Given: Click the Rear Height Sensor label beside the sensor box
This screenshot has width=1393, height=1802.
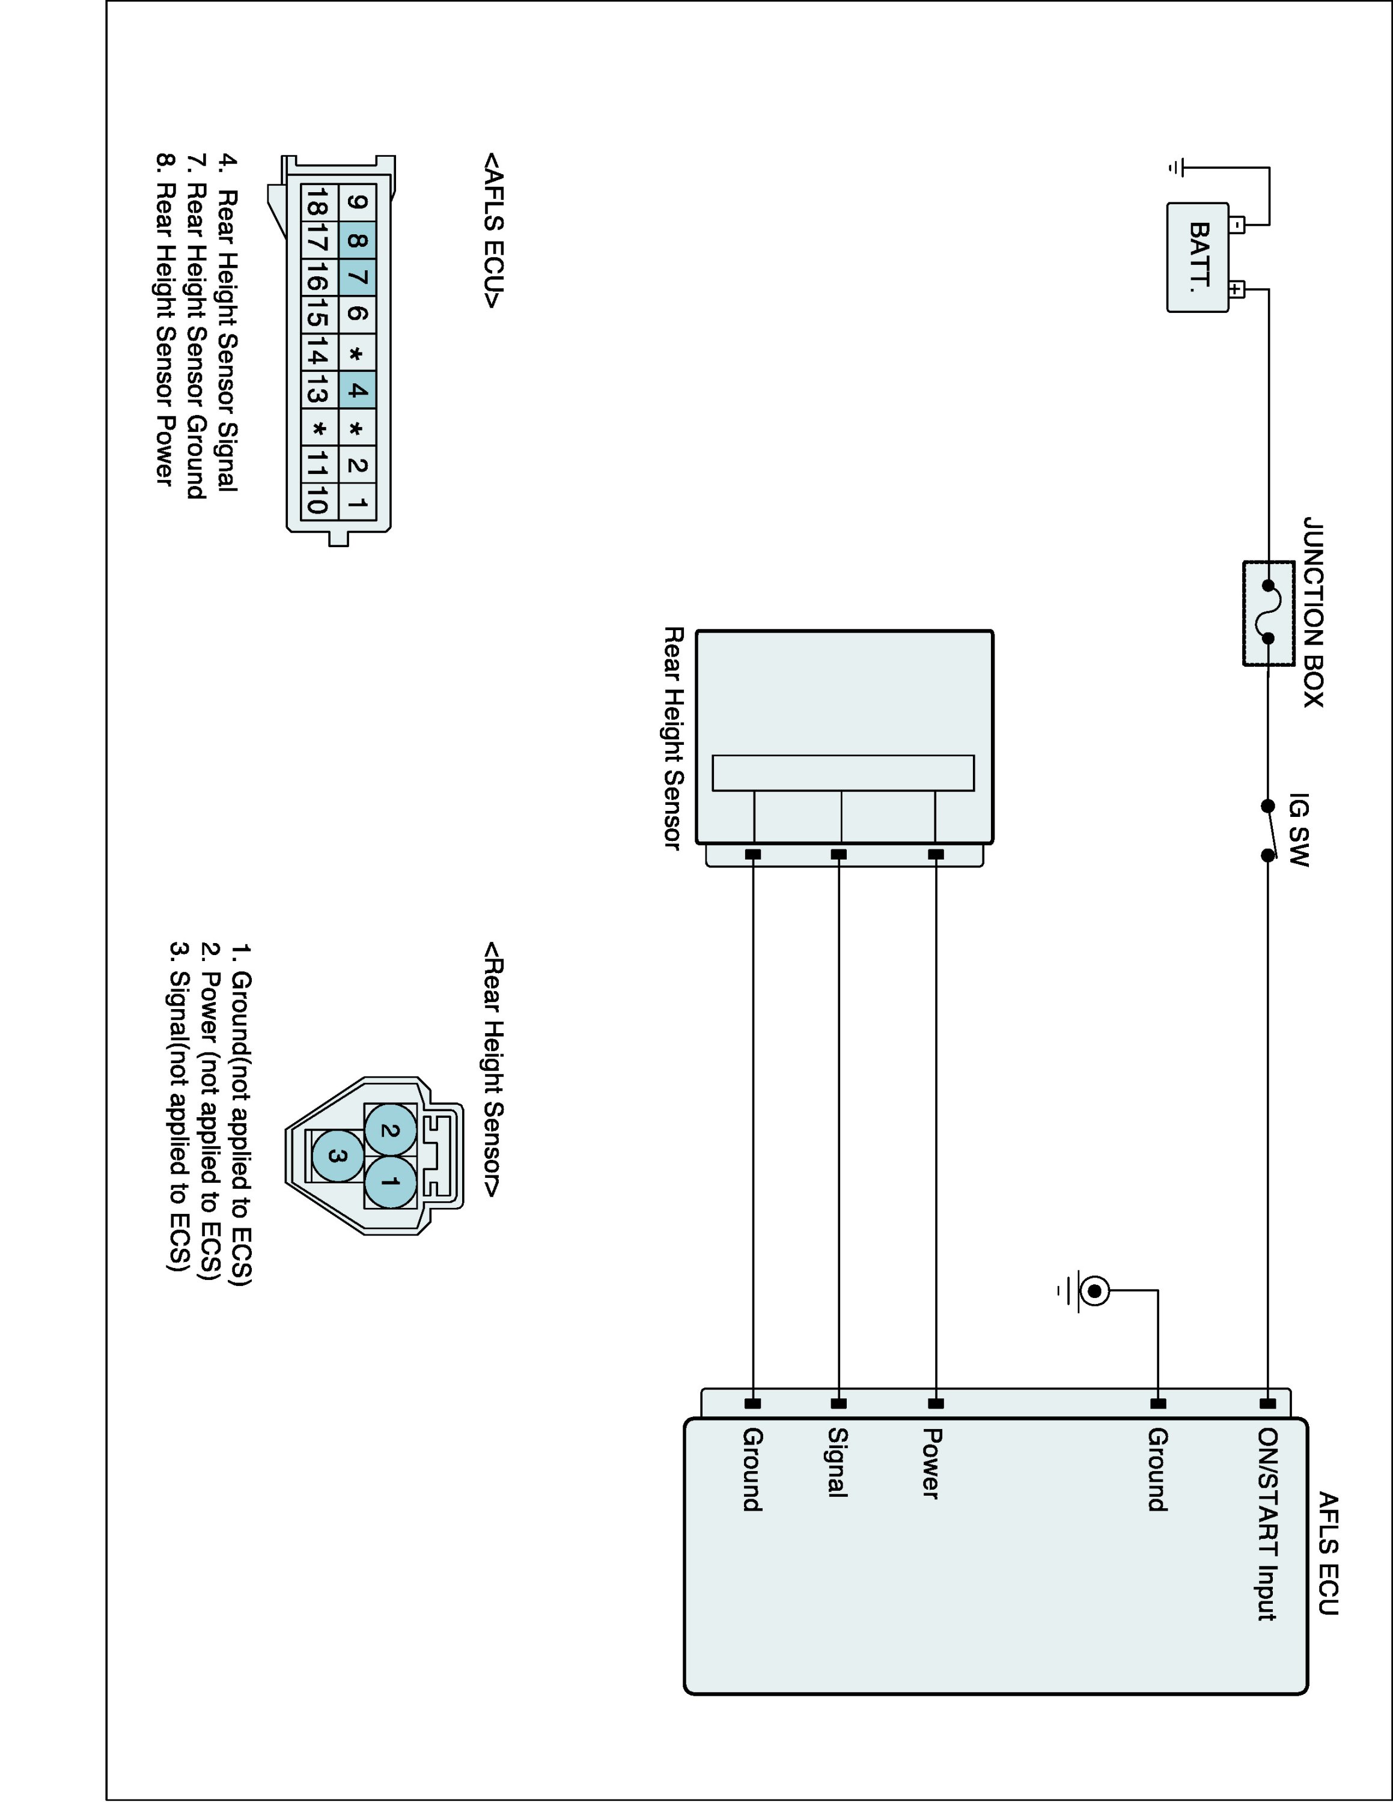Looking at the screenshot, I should (674, 738).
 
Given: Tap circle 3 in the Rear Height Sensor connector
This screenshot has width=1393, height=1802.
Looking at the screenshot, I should (338, 1155).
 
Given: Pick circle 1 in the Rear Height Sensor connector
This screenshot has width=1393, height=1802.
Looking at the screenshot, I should (391, 1182).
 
